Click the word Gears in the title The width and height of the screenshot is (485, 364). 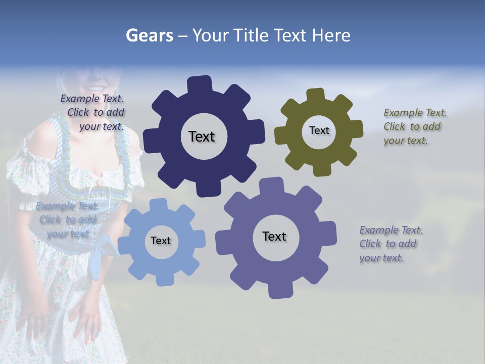click(x=149, y=36)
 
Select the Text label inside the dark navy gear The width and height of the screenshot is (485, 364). click(x=202, y=136)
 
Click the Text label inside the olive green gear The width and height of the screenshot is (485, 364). click(x=319, y=130)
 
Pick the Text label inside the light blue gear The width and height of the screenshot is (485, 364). click(x=161, y=241)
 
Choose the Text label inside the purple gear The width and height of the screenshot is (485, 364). click(x=274, y=236)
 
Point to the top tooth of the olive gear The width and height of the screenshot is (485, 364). click(x=315, y=95)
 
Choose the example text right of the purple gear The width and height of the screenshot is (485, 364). click(x=391, y=244)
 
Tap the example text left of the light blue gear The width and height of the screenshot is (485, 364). click(x=68, y=220)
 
